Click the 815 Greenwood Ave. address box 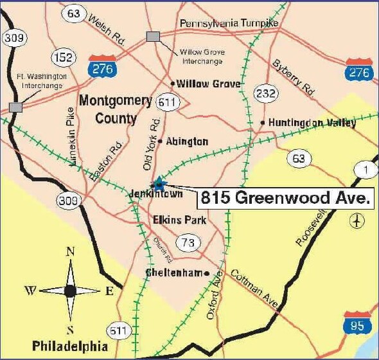(x=285, y=198)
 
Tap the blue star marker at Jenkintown (x=159, y=185)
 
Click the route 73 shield (x=188, y=242)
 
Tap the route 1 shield (x=366, y=169)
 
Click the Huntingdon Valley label (x=312, y=123)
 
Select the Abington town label (x=187, y=141)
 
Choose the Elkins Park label (x=179, y=221)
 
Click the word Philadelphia (x=70, y=346)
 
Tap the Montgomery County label (x=116, y=109)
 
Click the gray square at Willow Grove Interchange (x=153, y=36)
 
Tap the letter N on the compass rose (x=71, y=251)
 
